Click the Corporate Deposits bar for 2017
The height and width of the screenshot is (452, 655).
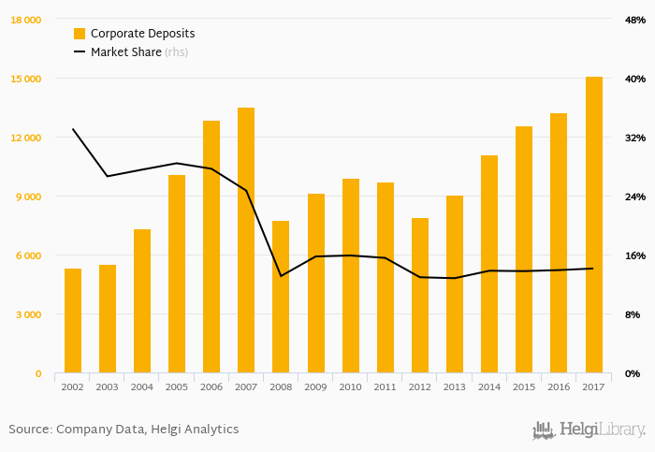click(594, 225)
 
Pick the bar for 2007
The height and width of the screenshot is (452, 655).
click(246, 241)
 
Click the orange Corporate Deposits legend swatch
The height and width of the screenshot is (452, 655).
click(80, 34)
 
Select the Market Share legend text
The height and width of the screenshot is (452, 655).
click(125, 52)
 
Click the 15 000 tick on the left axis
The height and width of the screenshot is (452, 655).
click(25, 79)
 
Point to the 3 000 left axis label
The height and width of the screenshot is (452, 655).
click(28, 314)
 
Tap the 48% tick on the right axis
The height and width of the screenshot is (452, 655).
click(634, 20)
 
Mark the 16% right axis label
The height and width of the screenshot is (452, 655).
click(634, 255)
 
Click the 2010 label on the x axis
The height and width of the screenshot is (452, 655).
click(350, 386)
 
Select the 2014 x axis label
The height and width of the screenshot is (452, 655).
click(489, 386)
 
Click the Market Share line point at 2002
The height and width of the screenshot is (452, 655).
click(73, 129)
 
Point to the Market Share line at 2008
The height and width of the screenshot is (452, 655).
click(281, 276)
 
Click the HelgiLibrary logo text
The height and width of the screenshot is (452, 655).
click(602, 430)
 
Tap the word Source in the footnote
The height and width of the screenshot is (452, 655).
click(28, 430)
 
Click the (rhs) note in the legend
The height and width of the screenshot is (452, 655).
click(177, 52)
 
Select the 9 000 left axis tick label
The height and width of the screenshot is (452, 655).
click(28, 197)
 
